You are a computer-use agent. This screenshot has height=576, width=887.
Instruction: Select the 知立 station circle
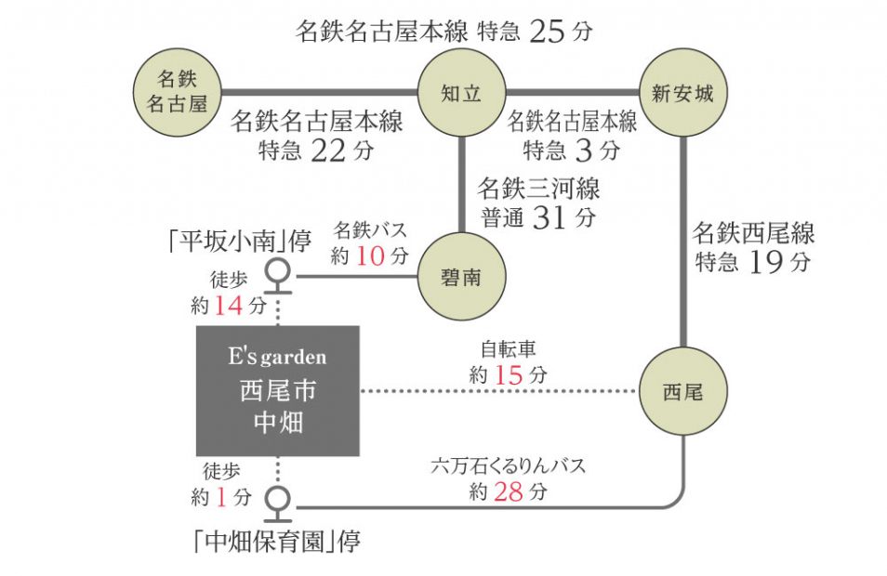[x=461, y=93]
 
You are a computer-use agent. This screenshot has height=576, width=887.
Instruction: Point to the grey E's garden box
[x=277, y=390]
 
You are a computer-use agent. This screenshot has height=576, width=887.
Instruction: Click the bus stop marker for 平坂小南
[x=277, y=271]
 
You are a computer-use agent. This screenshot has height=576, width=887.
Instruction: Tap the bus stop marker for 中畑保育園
[x=277, y=499]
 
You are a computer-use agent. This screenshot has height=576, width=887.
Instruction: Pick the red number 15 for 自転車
[x=509, y=374]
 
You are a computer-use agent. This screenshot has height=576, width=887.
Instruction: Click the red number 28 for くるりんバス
[x=509, y=491]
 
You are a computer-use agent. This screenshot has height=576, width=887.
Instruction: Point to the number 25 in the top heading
[x=548, y=32]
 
